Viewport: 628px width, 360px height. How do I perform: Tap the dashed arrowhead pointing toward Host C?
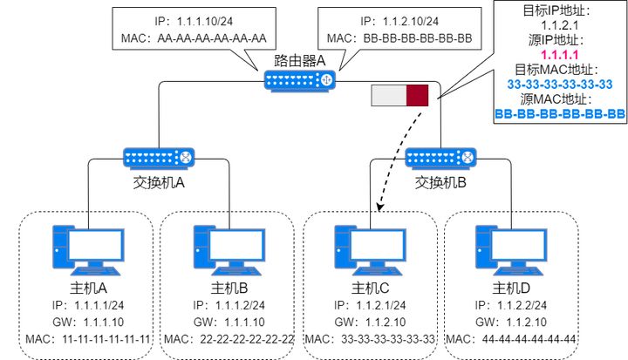381,209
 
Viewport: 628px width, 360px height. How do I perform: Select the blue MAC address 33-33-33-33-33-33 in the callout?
559,84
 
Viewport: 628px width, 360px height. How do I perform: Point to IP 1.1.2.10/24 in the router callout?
404,20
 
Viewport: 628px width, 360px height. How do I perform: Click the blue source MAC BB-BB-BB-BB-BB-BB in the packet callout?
559,113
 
